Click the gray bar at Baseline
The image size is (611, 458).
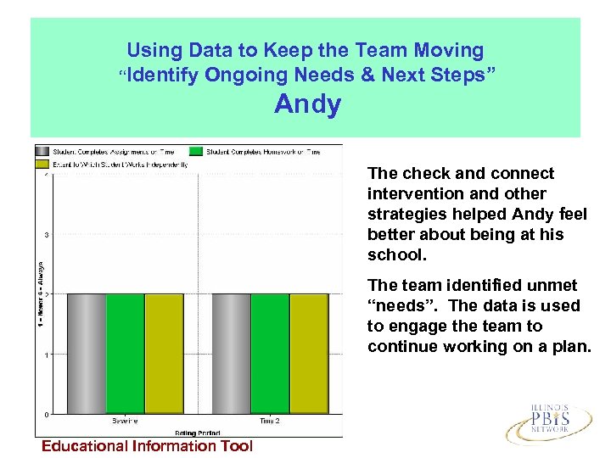(86, 354)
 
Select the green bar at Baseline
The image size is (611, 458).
(125, 354)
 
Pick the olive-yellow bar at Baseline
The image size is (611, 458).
(163, 354)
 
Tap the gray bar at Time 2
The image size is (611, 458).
(231, 354)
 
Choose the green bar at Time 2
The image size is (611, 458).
(270, 354)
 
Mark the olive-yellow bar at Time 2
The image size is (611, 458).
(309, 354)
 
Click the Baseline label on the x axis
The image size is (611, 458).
(125, 421)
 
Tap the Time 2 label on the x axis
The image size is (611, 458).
(270, 421)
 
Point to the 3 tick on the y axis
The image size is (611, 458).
(45, 235)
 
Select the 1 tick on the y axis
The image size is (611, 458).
(45, 355)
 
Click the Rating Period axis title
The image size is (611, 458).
(197, 432)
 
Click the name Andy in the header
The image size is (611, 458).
(307, 105)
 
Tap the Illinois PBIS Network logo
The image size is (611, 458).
(549, 421)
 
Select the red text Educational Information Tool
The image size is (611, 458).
(148, 446)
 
